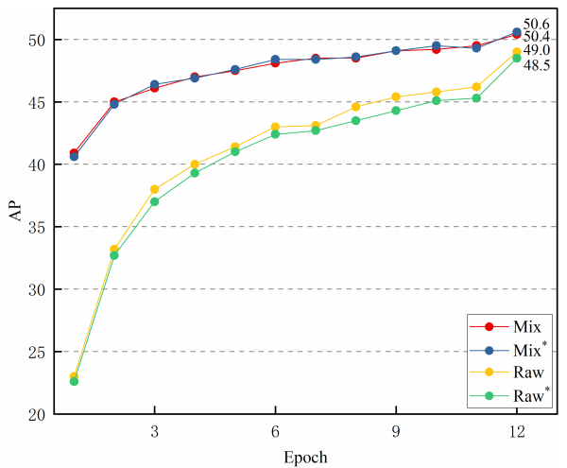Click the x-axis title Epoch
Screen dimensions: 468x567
tap(304, 458)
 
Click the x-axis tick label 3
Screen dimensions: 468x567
tap(154, 430)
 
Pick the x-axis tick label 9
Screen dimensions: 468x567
tap(396, 430)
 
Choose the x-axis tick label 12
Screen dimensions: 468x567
tap(516, 430)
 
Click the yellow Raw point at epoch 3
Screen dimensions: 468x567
tap(154, 189)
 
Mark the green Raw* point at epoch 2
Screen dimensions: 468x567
tap(114, 255)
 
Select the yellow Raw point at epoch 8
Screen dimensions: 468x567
tap(355, 107)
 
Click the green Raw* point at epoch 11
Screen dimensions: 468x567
tap(476, 98)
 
